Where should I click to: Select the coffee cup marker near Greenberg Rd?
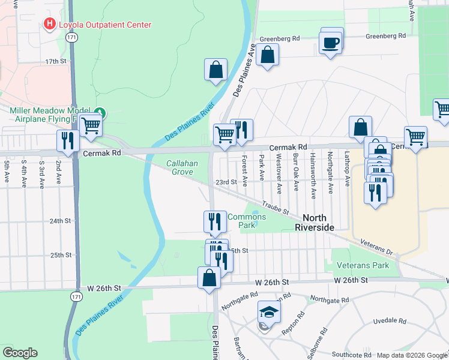click(x=331, y=43)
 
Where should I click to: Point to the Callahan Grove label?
click(x=179, y=167)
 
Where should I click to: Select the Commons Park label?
click(x=247, y=221)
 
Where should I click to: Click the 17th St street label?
click(x=55, y=61)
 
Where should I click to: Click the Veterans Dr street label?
click(x=376, y=245)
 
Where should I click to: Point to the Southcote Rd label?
click(x=351, y=355)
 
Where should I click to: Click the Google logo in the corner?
click(x=20, y=353)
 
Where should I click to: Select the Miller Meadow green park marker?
click(x=101, y=112)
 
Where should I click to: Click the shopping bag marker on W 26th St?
click(x=209, y=278)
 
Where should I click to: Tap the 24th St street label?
click(x=60, y=221)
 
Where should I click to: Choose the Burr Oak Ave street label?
click(x=296, y=173)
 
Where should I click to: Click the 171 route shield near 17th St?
click(x=71, y=37)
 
